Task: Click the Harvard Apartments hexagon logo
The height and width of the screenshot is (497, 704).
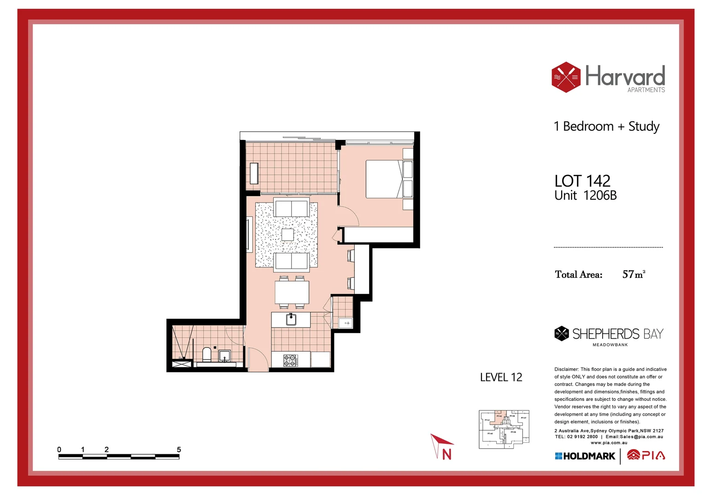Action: coord(566,77)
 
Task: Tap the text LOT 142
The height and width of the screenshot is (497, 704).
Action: coord(582,181)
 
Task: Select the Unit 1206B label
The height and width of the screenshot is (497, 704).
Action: coord(585,196)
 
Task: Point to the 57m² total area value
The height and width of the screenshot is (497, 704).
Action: coord(634,274)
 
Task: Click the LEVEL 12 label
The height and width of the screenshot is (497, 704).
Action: coord(501,377)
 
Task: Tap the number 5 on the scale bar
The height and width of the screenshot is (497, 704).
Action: coord(179,450)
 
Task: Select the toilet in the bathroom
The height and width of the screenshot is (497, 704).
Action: coord(207,354)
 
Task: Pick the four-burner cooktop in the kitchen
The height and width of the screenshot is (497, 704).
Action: coord(289,360)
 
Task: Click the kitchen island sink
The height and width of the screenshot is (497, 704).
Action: coord(291,319)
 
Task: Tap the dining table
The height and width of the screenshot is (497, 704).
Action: coord(292,292)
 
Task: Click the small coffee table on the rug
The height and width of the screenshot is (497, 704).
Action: coord(287,235)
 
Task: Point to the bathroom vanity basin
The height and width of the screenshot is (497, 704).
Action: coord(225,356)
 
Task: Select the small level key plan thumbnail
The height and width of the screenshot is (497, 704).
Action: coord(504,429)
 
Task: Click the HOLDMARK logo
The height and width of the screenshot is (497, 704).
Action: coord(585,456)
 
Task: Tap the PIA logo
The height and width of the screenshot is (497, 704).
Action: coord(646,456)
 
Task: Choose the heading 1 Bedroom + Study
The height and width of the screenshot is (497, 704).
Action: coord(606,127)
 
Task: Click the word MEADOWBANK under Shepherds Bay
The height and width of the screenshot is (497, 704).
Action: coord(610,345)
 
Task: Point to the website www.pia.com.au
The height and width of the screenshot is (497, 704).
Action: coord(609,443)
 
